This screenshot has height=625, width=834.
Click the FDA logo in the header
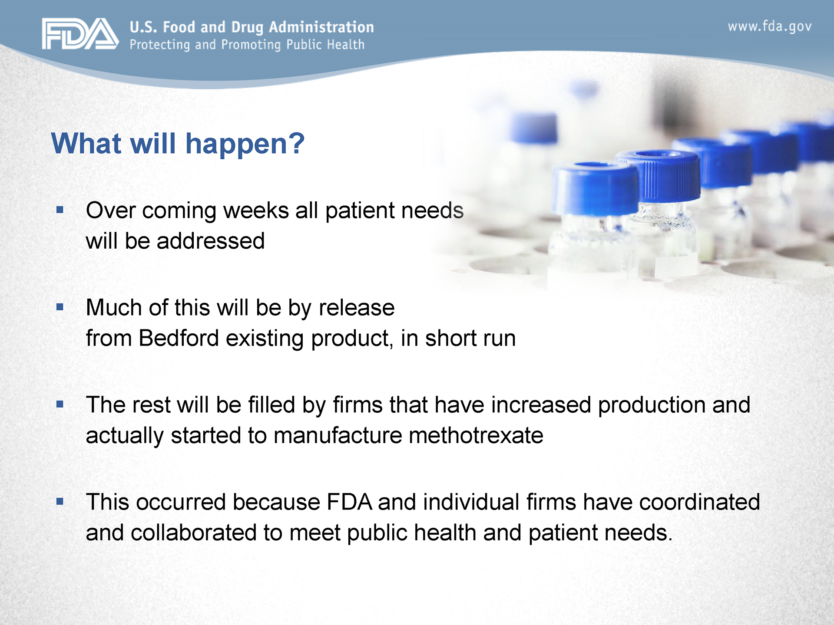80,33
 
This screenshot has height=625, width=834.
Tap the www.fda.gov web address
769,27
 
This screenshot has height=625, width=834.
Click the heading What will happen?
178,143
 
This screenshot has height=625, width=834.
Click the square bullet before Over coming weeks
60,210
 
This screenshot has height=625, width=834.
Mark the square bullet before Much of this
60,307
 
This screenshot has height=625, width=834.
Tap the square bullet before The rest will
60,405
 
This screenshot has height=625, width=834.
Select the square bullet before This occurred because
60,502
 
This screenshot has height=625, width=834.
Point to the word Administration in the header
321,27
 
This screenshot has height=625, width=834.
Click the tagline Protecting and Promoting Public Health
247,45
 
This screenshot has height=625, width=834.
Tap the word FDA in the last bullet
349,502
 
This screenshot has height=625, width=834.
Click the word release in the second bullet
357,307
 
